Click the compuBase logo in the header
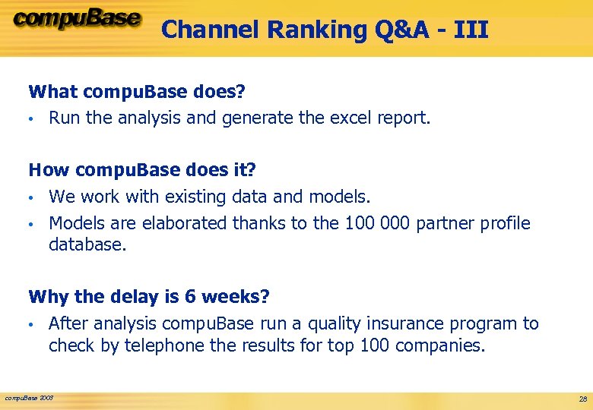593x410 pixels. pos(76,20)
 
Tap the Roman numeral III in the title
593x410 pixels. pos(471,30)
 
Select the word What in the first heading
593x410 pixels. pos(53,92)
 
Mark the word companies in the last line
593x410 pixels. pos(443,345)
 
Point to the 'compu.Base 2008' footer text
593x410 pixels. pos(30,398)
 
